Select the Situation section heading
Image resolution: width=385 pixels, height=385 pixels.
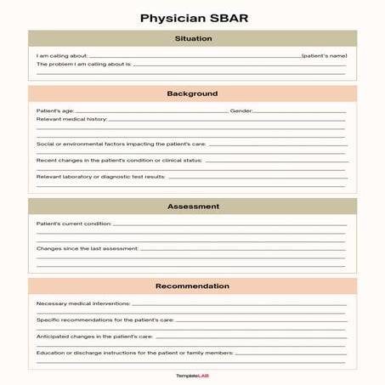192,38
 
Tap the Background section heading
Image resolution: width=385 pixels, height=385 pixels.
192,93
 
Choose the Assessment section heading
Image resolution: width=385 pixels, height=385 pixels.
192,207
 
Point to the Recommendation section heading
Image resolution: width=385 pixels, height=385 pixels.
192,286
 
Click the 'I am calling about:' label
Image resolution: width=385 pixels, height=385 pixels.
61,55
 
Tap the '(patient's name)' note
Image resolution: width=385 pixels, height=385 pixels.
324,55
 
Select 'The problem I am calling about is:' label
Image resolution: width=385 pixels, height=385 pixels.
83,64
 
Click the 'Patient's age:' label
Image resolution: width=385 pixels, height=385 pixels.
55,110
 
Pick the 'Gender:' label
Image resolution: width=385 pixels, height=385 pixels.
241,110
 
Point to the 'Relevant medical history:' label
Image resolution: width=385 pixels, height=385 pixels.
71,119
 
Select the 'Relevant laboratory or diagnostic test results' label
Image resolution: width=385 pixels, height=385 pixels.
101,177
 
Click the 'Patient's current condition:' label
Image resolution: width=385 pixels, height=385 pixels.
74,224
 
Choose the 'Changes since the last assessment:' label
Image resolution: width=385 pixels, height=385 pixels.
87,248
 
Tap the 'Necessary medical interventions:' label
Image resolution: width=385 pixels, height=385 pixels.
83,303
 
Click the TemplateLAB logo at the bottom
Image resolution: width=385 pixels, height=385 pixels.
192,375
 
